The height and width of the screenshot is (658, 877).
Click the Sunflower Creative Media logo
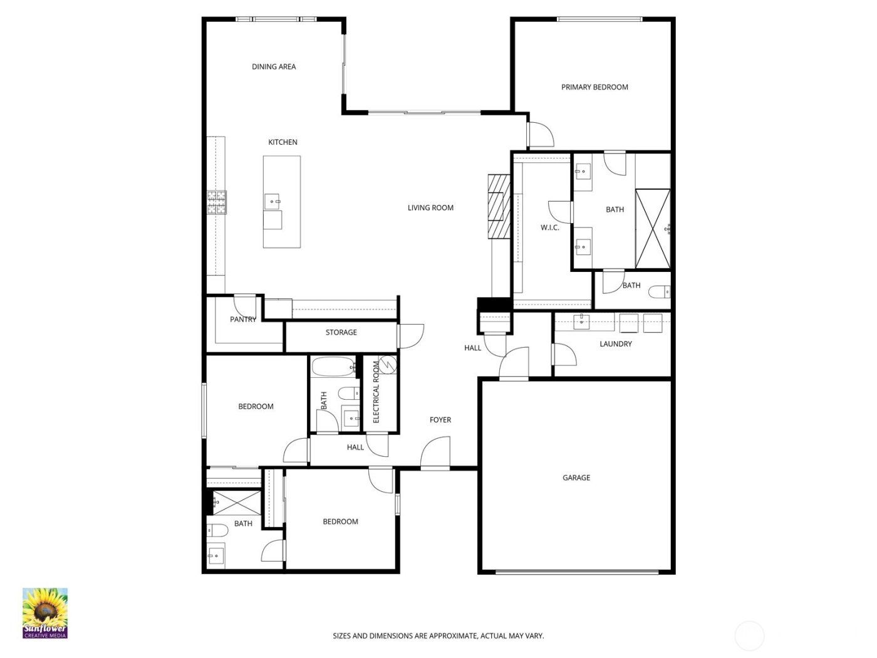pos(44,613)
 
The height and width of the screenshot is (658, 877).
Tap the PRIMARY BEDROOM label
pos(594,87)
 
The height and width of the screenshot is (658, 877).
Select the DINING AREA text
pos(274,66)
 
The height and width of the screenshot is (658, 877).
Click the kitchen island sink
pos(273,202)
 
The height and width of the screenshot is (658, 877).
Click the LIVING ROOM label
pos(430,207)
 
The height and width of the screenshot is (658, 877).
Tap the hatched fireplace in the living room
pos(499,206)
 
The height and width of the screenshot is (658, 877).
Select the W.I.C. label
pos(550,227)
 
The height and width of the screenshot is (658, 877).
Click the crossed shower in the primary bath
pos(652,229)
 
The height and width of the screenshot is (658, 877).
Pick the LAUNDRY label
pos(615,343)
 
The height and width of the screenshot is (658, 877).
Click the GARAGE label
pos(576,478)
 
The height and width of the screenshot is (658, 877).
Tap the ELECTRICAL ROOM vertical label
pos(376,392)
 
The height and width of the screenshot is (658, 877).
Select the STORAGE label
pos(341,332)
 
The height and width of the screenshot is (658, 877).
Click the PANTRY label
pos(243,320)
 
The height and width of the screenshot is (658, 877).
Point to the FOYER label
pos(440,420)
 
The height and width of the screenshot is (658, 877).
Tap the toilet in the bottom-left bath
pos(217,530)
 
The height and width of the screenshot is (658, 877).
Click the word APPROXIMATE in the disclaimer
pos(447,635)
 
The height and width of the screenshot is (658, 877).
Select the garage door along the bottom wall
pos(576,571)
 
